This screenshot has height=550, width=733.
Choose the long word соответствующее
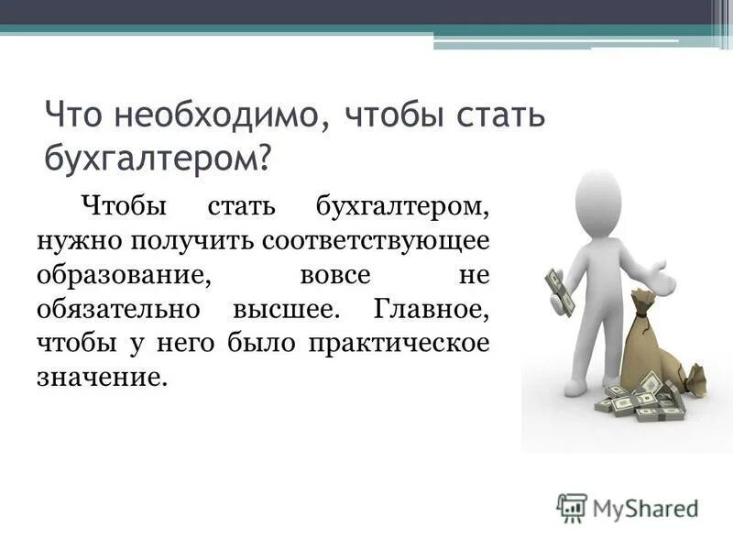point(376,240)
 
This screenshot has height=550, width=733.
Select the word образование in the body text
point(118,274)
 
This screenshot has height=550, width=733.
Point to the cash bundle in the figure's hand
point(558,291)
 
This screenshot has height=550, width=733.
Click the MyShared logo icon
point(572,507)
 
